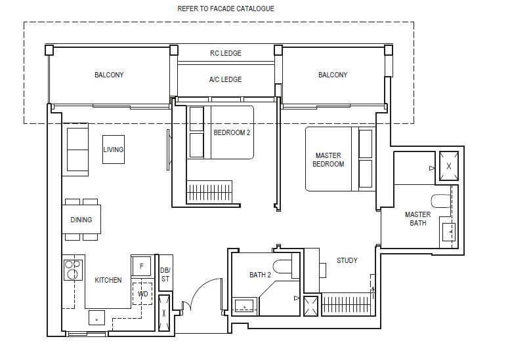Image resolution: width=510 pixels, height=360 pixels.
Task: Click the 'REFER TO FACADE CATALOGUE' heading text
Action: pyautogui.click(x=225, y=9)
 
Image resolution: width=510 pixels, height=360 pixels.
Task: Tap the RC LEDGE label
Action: pyautogui.click(x=225, y=53)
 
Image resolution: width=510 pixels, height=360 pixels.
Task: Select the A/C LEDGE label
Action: pyautogui.click(x=225, y=79)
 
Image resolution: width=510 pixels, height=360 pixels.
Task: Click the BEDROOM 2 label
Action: pyautogui.click(x=232, y=132)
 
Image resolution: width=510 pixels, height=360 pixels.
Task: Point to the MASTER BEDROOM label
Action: pyautogui.click(x=328, y=159)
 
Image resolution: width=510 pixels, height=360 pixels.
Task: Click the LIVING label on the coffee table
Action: pyautogui.click(x=113, y=150)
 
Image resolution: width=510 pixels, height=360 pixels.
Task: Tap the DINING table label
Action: pyautogui.click(x=81, y=220)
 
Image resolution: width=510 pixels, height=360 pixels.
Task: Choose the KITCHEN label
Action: pyautogui.click(x=108, y=280)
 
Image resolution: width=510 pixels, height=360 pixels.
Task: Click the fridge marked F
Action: pyautogui.click(x=141, y=266)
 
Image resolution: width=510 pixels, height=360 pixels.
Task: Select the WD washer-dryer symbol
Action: pyautogui.click(x=142, y=293)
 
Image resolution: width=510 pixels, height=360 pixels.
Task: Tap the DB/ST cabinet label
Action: pyautogui.click(x=165, y=275)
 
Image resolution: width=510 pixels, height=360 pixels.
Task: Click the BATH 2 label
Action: pyautogui.click(x=260, y=275)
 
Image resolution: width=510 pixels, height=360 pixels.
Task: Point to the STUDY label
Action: pyautogui.click(x=347, y=260)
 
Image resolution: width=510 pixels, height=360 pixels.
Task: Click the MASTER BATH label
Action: pyautogui.click(x=417, y=218)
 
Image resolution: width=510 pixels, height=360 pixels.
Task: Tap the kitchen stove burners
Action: pyautogui.click(x=73, y=270)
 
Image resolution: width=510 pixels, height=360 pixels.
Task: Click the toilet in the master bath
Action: pyautogui.click(x=440, y=201)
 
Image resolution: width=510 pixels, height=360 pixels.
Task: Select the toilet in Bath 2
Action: pyautogui.click(x=282, y=266)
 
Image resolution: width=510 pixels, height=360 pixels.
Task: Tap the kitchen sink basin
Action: pyautogui.click(x=96, y=317)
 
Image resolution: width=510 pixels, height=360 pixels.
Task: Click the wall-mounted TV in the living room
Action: pyautogui.click(x=168, y=150)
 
